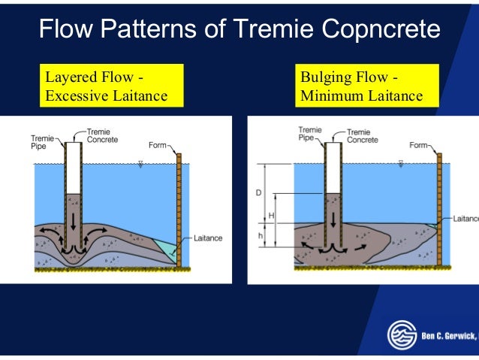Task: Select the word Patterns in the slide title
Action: pos(159,30)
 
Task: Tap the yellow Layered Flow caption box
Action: pos(110,86)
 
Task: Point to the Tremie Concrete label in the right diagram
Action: pos(363,135)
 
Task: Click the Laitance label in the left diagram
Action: pos(208,237)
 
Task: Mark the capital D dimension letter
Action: pos(258,193)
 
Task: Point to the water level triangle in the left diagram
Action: pos(140,163)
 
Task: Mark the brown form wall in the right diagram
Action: pos(439,210)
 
